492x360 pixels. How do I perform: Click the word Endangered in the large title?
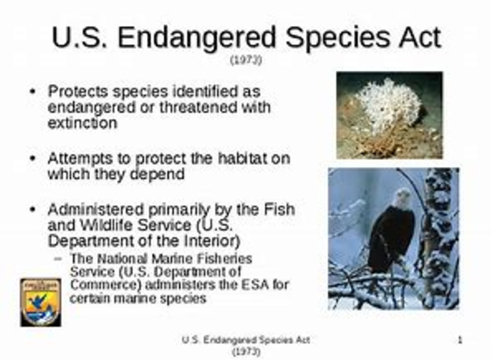(x=209, y=36)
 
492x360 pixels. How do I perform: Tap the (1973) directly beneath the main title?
(x=246, y=59)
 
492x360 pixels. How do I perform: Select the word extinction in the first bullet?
(x=82, y=123)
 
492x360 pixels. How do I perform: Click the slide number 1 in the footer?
(x=459, y=339)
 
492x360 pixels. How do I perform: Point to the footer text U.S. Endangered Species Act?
(x=247, y=339)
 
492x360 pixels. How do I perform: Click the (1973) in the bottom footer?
(x=246, y=351)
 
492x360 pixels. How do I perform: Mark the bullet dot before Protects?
(x=32, y=91)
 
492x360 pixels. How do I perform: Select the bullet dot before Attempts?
(x=32, y=158)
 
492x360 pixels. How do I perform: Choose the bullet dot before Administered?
(x=32, y=209)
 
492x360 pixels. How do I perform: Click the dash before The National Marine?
(x=59, y=259)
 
